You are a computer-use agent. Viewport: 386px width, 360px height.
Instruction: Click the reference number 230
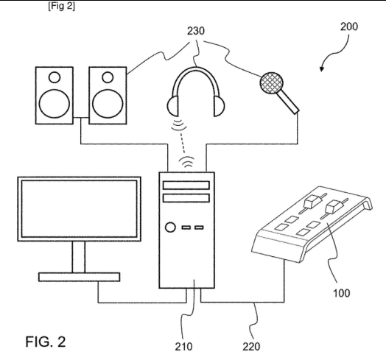[196, 31]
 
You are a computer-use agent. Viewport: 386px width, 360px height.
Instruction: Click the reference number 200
[349, 27]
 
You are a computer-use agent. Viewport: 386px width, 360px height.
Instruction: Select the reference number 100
[342, 293]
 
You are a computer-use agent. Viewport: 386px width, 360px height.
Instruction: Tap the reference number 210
[183, 347]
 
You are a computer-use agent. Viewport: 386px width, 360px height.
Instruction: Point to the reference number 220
[251, 347]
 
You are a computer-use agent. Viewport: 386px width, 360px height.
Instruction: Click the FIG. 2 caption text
[46, 342]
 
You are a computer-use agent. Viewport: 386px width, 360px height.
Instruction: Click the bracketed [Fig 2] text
[61, 6]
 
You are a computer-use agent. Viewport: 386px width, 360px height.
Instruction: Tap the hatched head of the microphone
[271, 82]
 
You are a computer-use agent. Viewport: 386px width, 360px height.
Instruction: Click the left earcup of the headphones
[172, 106]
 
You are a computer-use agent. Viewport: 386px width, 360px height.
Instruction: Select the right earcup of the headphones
[220, 106]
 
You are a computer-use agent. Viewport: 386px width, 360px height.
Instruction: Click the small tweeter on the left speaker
[55, 77]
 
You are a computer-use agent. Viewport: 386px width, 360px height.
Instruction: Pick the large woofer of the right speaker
[108, 103]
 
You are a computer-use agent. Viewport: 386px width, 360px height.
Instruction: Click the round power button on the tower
[170, 227]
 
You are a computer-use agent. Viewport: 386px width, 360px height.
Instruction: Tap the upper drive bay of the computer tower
[186, 186]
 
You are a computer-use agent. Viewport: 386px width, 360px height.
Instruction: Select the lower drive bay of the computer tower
[186, 198]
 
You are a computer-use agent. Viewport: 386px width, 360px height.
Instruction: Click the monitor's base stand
[80, 277]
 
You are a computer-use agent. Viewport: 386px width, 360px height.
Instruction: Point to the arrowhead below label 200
[321, 68]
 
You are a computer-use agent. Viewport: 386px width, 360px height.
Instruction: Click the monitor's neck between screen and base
[79, 257]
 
